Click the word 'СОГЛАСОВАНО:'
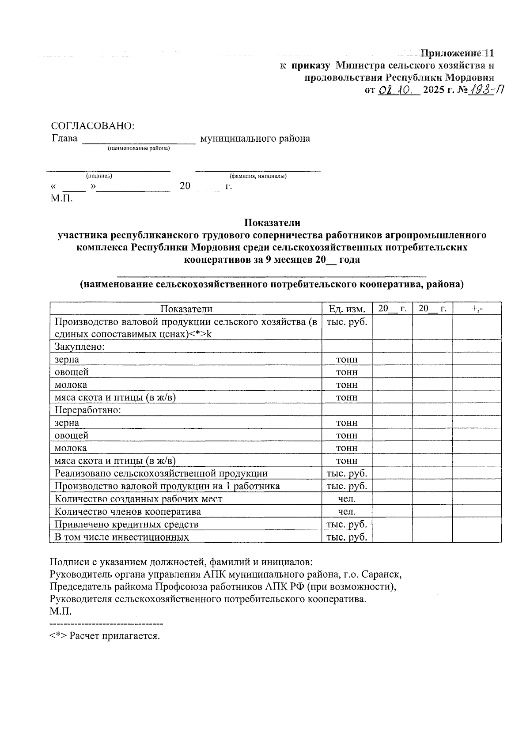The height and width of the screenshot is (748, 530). (93, 125)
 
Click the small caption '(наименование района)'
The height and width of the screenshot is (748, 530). (139, 149)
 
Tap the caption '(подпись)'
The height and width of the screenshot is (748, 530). (99, 176)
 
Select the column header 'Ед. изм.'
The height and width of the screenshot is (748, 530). (347, 309)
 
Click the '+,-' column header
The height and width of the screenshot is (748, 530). (477, 309)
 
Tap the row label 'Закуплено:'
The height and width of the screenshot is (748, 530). (79, 347)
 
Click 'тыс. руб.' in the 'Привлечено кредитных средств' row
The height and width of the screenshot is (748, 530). (347, 524)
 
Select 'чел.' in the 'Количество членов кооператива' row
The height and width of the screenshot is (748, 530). (347, 512)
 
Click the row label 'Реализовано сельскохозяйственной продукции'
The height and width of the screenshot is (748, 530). (161, 473)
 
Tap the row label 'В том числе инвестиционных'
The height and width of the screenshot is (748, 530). (122, 537)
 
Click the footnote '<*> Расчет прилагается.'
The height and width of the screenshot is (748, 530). (104, 636)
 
